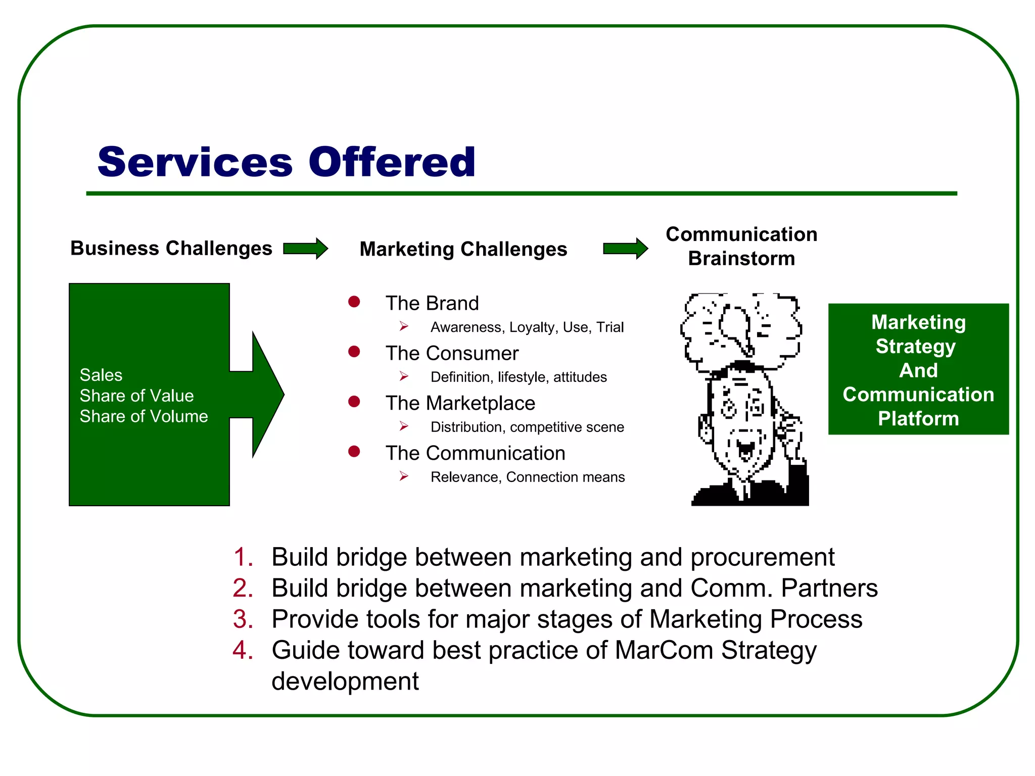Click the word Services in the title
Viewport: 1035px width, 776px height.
coord(195,162)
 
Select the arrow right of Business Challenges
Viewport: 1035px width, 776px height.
coord(305,249)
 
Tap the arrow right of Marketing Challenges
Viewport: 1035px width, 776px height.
coord(625,249)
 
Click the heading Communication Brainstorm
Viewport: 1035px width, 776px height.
coord(741,246)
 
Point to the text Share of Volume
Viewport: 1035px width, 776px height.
coord(144,416)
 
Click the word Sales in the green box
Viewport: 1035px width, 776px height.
coord(101,375)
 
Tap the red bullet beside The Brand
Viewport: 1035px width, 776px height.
coord(354,302)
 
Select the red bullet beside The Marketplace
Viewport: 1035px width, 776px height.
coord(354,402)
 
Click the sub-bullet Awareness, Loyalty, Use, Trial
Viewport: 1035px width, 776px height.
coord(527,327)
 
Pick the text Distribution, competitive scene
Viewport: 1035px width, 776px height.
coord(527,427)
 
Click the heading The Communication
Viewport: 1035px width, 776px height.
coord(475,453)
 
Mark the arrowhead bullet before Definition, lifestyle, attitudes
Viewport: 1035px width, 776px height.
coord(404,376)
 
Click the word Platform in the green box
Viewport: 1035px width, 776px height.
coord(918,418)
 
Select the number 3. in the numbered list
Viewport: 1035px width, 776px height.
coord(243,619)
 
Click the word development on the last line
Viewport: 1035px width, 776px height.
coord(345,681)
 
